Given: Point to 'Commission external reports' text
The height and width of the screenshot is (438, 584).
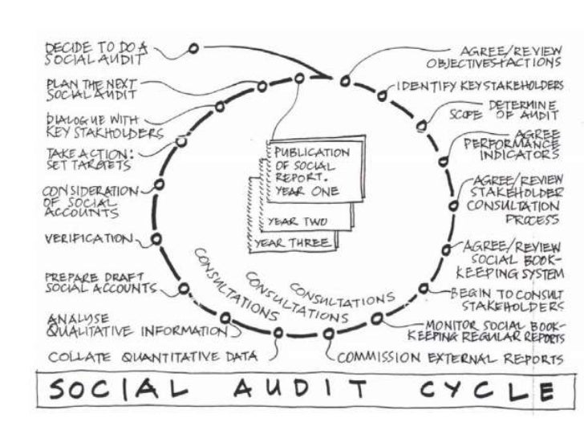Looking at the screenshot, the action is [x=445, y=359].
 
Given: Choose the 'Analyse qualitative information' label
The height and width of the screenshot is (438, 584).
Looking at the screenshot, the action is [x=136, y=324].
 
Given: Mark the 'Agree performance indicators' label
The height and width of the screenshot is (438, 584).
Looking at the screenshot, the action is [x=513, y=143].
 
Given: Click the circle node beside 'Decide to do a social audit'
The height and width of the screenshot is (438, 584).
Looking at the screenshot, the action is [x=193, y=48].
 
